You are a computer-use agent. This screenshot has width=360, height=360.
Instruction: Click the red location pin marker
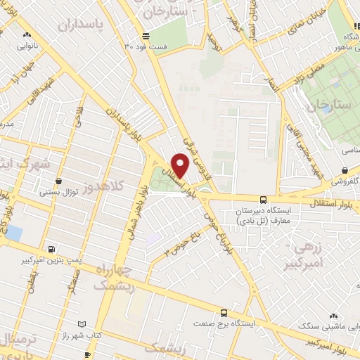click(x=181, y=166)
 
